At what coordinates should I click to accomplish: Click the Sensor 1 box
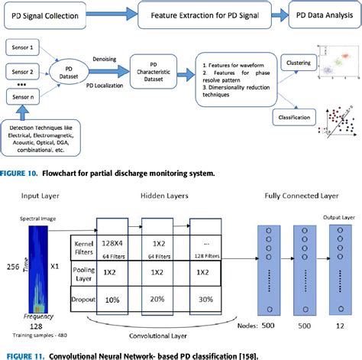24,47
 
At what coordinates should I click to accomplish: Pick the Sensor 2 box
24,72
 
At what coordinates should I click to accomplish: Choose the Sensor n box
24,99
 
